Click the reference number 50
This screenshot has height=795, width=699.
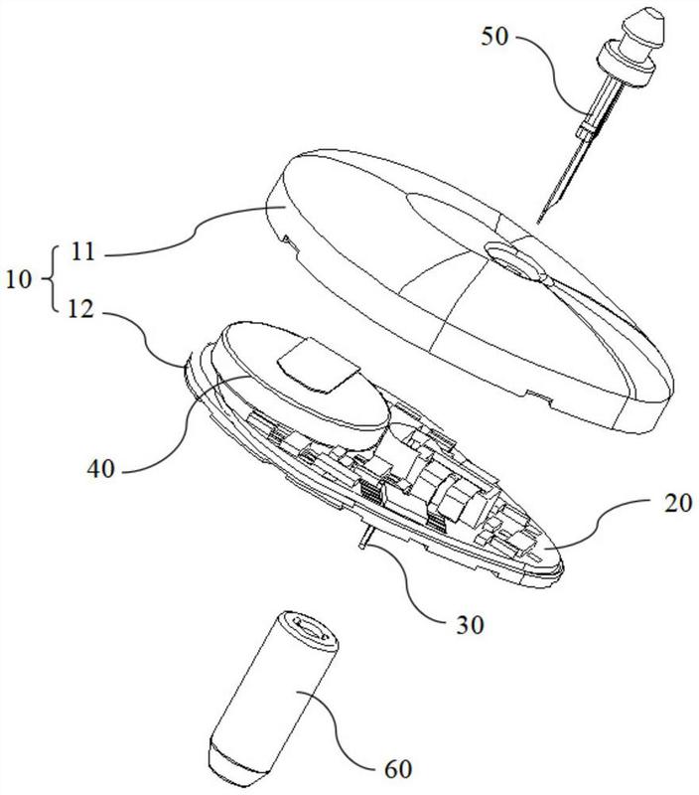click(x=494, y=37)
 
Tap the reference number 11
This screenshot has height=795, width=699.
click(x=83, y=251)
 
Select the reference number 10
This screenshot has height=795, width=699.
click(x=19, y=279)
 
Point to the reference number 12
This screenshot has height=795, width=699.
click(x=81, y=309)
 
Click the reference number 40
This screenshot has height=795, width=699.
click(x=101, y=469)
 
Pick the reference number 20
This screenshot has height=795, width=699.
click(x=677, y=504)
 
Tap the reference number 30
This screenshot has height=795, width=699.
click(x=470, y=625)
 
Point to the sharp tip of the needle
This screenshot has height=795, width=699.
click(x=538, y=222)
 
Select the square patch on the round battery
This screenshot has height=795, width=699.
click(x=319, y=367)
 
